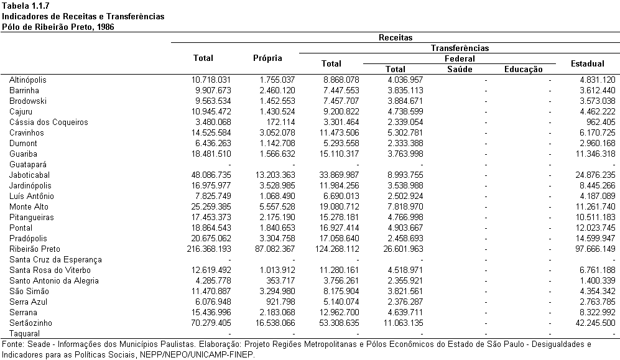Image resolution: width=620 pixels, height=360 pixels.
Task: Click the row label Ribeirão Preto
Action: coord(35,249)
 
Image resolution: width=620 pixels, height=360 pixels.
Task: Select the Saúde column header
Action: coord(460,69)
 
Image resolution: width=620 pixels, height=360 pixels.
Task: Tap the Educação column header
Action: coord(523,70)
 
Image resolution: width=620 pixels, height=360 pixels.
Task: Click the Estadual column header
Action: coord(587,63)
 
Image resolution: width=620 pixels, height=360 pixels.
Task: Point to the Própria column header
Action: coord(267,58)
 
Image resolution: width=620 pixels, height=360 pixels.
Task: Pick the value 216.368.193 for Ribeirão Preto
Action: coord(209,249)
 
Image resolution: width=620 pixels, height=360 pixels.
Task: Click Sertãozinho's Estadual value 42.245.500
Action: coord(596,323)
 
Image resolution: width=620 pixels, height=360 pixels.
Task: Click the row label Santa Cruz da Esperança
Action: coord(56,260)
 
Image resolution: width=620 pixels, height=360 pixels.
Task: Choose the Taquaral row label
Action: coord(24,333)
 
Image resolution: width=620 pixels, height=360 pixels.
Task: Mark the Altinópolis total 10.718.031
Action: coord(211,80)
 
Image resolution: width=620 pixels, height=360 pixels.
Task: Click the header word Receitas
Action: coord(396,37)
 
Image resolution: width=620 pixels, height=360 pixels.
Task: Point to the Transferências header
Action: coord(460,48)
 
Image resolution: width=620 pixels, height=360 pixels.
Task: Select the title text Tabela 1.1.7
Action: coord(25,6)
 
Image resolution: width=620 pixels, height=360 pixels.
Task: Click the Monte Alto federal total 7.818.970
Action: coord(405,206)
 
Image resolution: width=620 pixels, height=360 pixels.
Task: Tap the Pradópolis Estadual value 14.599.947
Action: coord(596,238)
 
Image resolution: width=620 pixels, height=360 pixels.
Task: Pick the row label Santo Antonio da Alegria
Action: coord(53,280)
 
